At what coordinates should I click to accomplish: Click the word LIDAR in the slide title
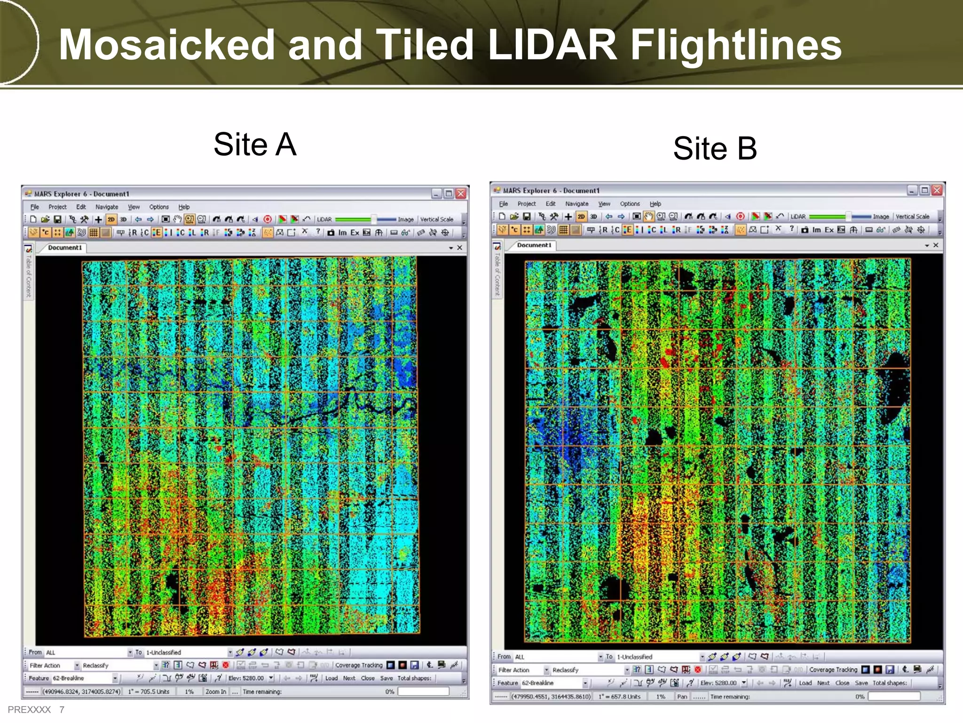(552, 45)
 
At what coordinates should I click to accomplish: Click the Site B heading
(715, 148)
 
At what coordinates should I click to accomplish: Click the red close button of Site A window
(461, 193)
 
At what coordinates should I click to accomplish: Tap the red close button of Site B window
(937, 190)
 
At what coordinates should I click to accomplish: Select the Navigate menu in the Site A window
(107, 207)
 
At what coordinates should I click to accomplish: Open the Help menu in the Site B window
(655, 204)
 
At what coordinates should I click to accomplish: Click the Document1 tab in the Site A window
(65, 248)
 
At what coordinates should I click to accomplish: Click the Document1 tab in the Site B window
(534, 245)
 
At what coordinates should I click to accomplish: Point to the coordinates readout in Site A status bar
(81, 691)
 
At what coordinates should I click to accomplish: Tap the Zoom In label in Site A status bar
(215, 691)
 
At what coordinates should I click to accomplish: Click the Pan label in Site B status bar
(682, 696)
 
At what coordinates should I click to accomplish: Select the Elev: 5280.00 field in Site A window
(246, 678)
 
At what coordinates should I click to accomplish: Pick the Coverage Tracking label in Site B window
(833, 669)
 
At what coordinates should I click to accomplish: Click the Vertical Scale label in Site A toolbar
(436, 219)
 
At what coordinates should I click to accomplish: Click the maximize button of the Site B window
(924, 190)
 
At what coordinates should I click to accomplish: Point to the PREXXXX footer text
(29, 709)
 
